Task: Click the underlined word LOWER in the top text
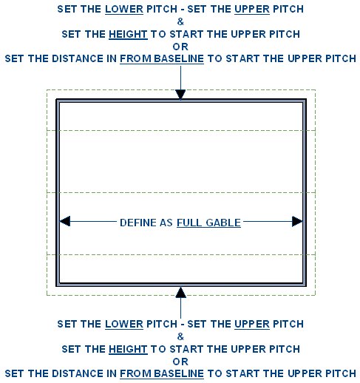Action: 124,10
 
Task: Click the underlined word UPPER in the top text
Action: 252,10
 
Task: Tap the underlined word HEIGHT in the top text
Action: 128,34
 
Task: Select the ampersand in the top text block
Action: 180,21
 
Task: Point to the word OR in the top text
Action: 180,47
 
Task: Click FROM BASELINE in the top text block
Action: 162,59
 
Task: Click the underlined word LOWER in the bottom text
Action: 124,324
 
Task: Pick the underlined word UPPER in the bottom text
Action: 252,324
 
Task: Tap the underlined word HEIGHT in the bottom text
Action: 128,349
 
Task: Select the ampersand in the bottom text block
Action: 180,336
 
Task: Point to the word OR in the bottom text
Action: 180,362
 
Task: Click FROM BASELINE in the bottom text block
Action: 162,373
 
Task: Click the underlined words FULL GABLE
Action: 208,223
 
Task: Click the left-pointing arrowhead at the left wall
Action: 65,221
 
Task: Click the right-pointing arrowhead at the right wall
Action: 297,221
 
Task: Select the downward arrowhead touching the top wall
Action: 180,95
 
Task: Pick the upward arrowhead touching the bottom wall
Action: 180,292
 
